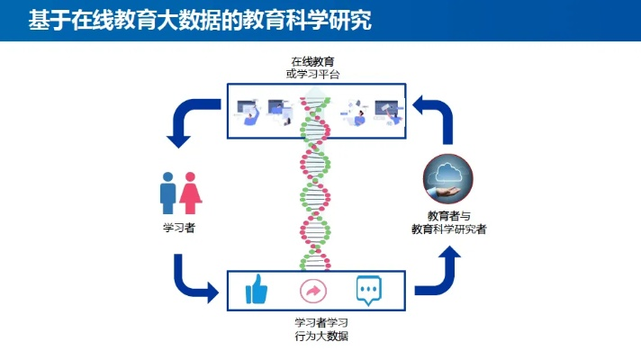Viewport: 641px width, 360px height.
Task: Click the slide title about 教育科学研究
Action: point(200,20)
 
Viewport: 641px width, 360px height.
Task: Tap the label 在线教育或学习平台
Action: point(312,67)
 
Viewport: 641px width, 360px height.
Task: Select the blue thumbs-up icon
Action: point(257,289)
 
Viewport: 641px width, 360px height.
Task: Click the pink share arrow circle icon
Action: point(313,291)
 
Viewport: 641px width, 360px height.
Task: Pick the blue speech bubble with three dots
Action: point(369,290)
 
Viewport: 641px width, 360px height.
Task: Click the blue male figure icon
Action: point(168,193)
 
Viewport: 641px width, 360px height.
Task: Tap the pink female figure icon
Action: point(190,193)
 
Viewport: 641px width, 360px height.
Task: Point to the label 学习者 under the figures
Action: point(179,228)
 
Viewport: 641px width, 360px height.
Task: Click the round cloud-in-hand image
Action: point(447,178)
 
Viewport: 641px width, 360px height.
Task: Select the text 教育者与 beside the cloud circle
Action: point(449,216)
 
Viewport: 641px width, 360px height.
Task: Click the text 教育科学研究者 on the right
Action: point(449,229)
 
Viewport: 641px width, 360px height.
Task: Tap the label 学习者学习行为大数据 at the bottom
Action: point(321,329)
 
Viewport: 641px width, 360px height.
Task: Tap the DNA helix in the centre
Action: point(315,184)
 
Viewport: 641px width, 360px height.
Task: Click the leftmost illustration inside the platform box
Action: point(248,112)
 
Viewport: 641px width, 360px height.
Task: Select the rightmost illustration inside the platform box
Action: point(388,112)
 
